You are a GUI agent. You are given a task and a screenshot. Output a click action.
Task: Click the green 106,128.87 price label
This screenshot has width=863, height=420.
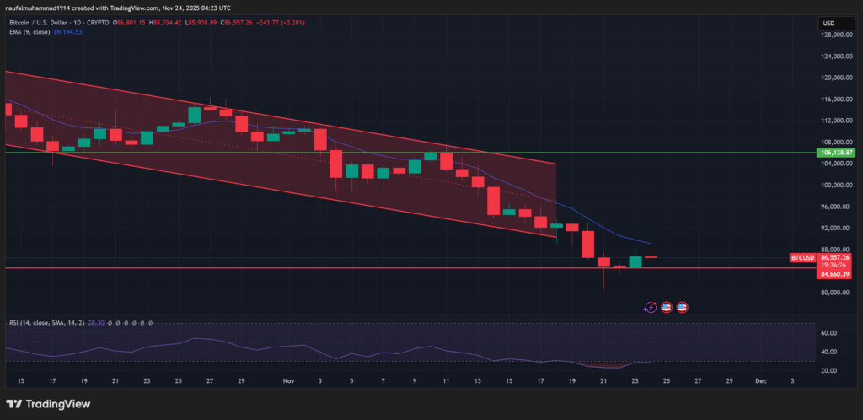(x=837, y=153)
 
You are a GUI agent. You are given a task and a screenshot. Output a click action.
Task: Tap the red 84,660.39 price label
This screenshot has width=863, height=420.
(x=837, y=273)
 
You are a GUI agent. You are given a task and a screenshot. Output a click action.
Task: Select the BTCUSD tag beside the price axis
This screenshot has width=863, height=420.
(x=801, y=256)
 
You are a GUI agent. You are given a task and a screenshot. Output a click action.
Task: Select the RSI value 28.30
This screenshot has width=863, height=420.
(x=80, y=322)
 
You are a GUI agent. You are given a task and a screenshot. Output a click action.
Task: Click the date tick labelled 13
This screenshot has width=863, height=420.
(x=477, y=381)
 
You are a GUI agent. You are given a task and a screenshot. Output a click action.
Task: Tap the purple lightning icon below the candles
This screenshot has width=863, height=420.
(x=650, y=308)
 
